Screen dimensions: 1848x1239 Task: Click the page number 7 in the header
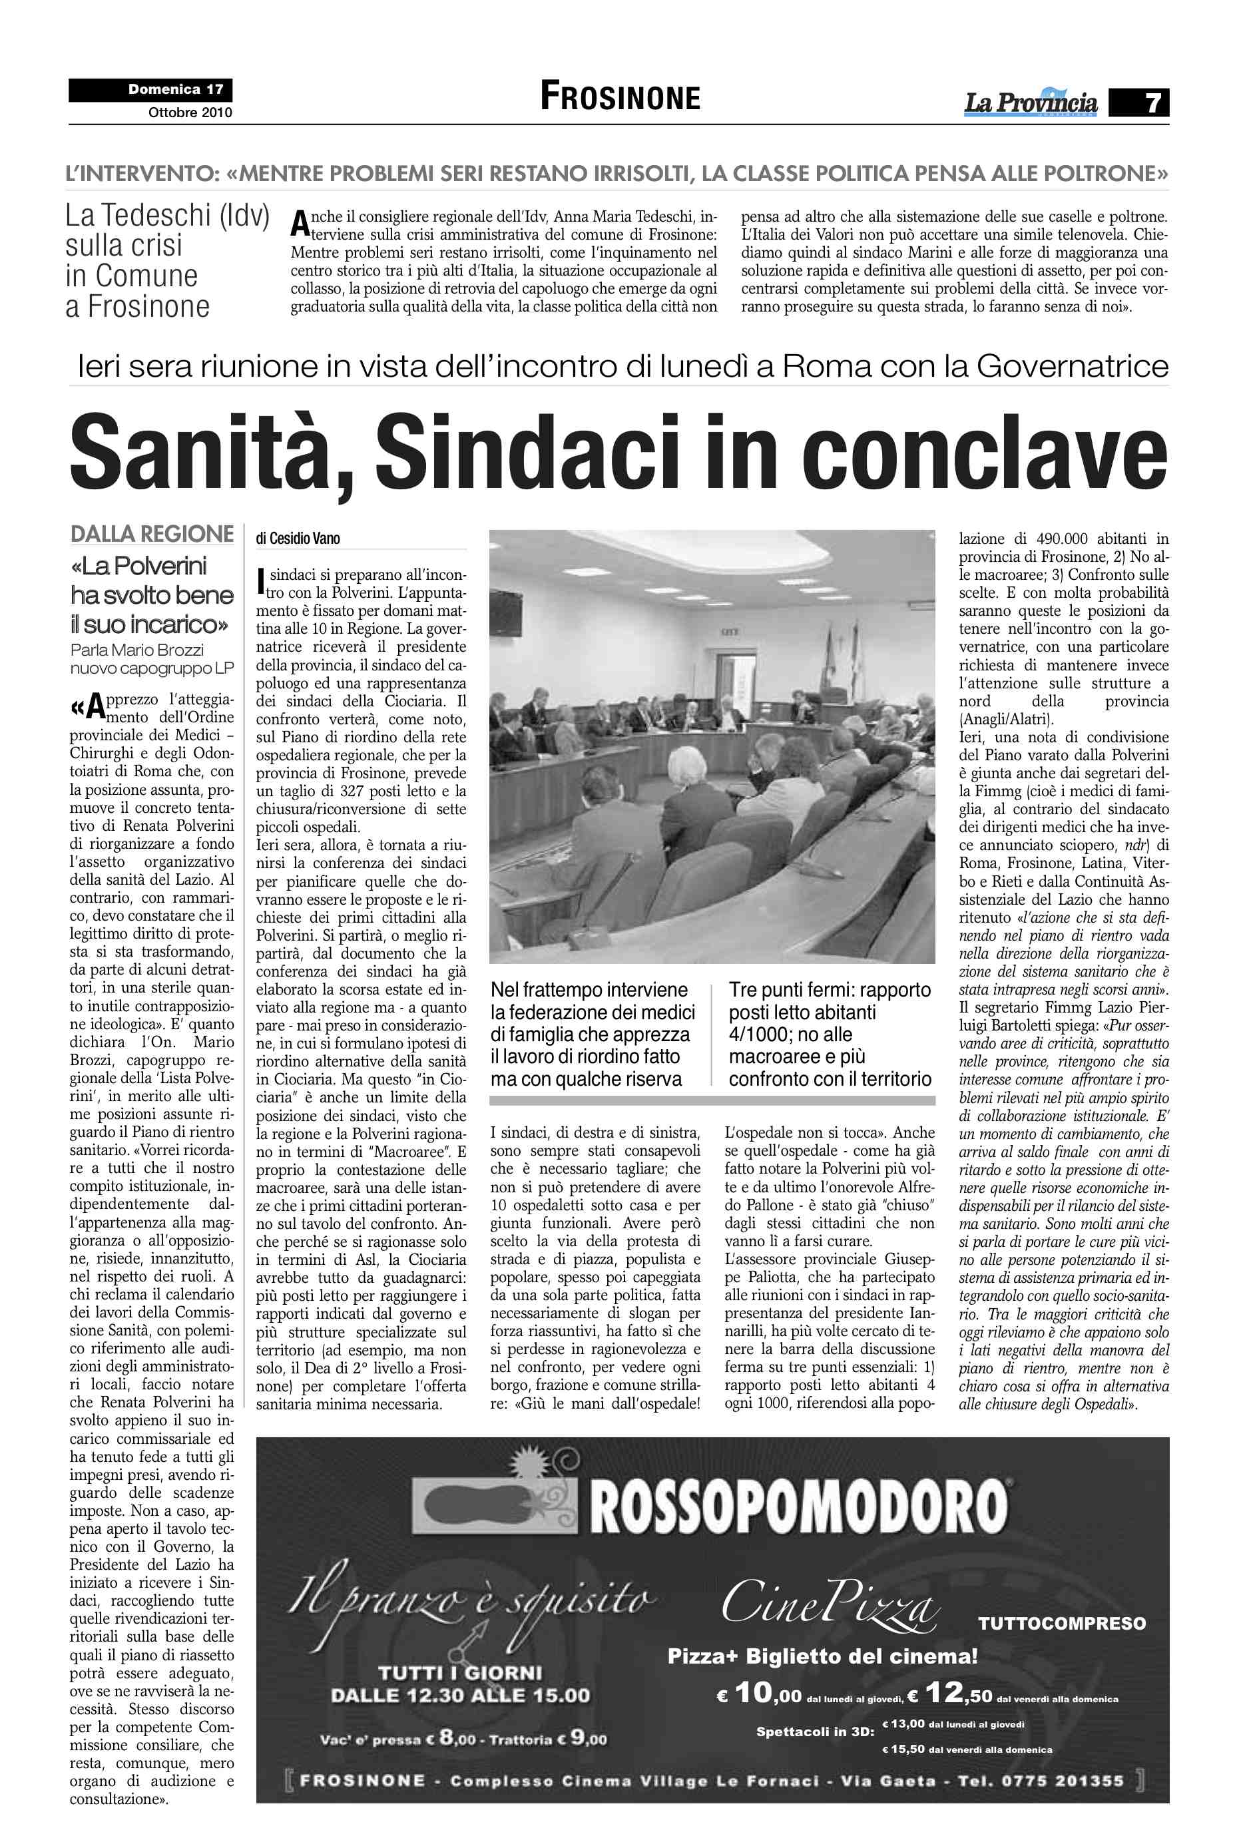(1153, 103)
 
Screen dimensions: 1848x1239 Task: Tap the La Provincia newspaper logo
(1031, 103)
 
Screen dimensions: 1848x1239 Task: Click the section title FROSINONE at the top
(620, 97)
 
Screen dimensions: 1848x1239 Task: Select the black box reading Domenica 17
(151, 89)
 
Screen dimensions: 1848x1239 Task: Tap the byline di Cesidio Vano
(298, 538)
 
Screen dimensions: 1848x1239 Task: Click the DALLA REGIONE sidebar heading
(152, 534)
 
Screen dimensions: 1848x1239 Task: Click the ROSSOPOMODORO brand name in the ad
(798, 1506)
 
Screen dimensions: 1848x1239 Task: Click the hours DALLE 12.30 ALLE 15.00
(460, 1695)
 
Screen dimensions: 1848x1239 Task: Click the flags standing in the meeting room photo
(838, 668)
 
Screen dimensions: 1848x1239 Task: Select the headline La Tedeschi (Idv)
(168, 216)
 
